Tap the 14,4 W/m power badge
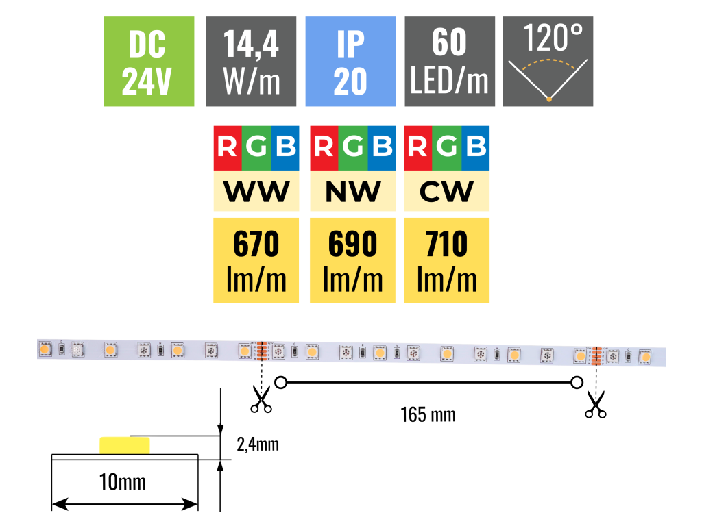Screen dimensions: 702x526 click(251, 62)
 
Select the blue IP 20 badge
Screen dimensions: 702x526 click(350, 62)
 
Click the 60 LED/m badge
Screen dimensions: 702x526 click(450, 62)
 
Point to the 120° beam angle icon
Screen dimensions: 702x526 click(548, 62)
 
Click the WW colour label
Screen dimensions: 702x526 click(256, 192)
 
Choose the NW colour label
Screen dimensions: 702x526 click(352, 192)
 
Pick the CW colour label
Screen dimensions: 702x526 click(447, 192)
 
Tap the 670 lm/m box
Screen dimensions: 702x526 click(256, 260)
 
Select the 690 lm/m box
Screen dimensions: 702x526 click(352, 260)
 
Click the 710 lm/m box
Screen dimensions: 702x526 click(447, 260)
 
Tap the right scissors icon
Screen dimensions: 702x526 click(596, 404)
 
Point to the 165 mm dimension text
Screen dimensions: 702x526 click(428, 414)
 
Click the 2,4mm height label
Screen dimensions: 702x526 click(257, 444)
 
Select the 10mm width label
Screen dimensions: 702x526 click(123, 481)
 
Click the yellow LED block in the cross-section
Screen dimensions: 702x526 click(125, 445)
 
